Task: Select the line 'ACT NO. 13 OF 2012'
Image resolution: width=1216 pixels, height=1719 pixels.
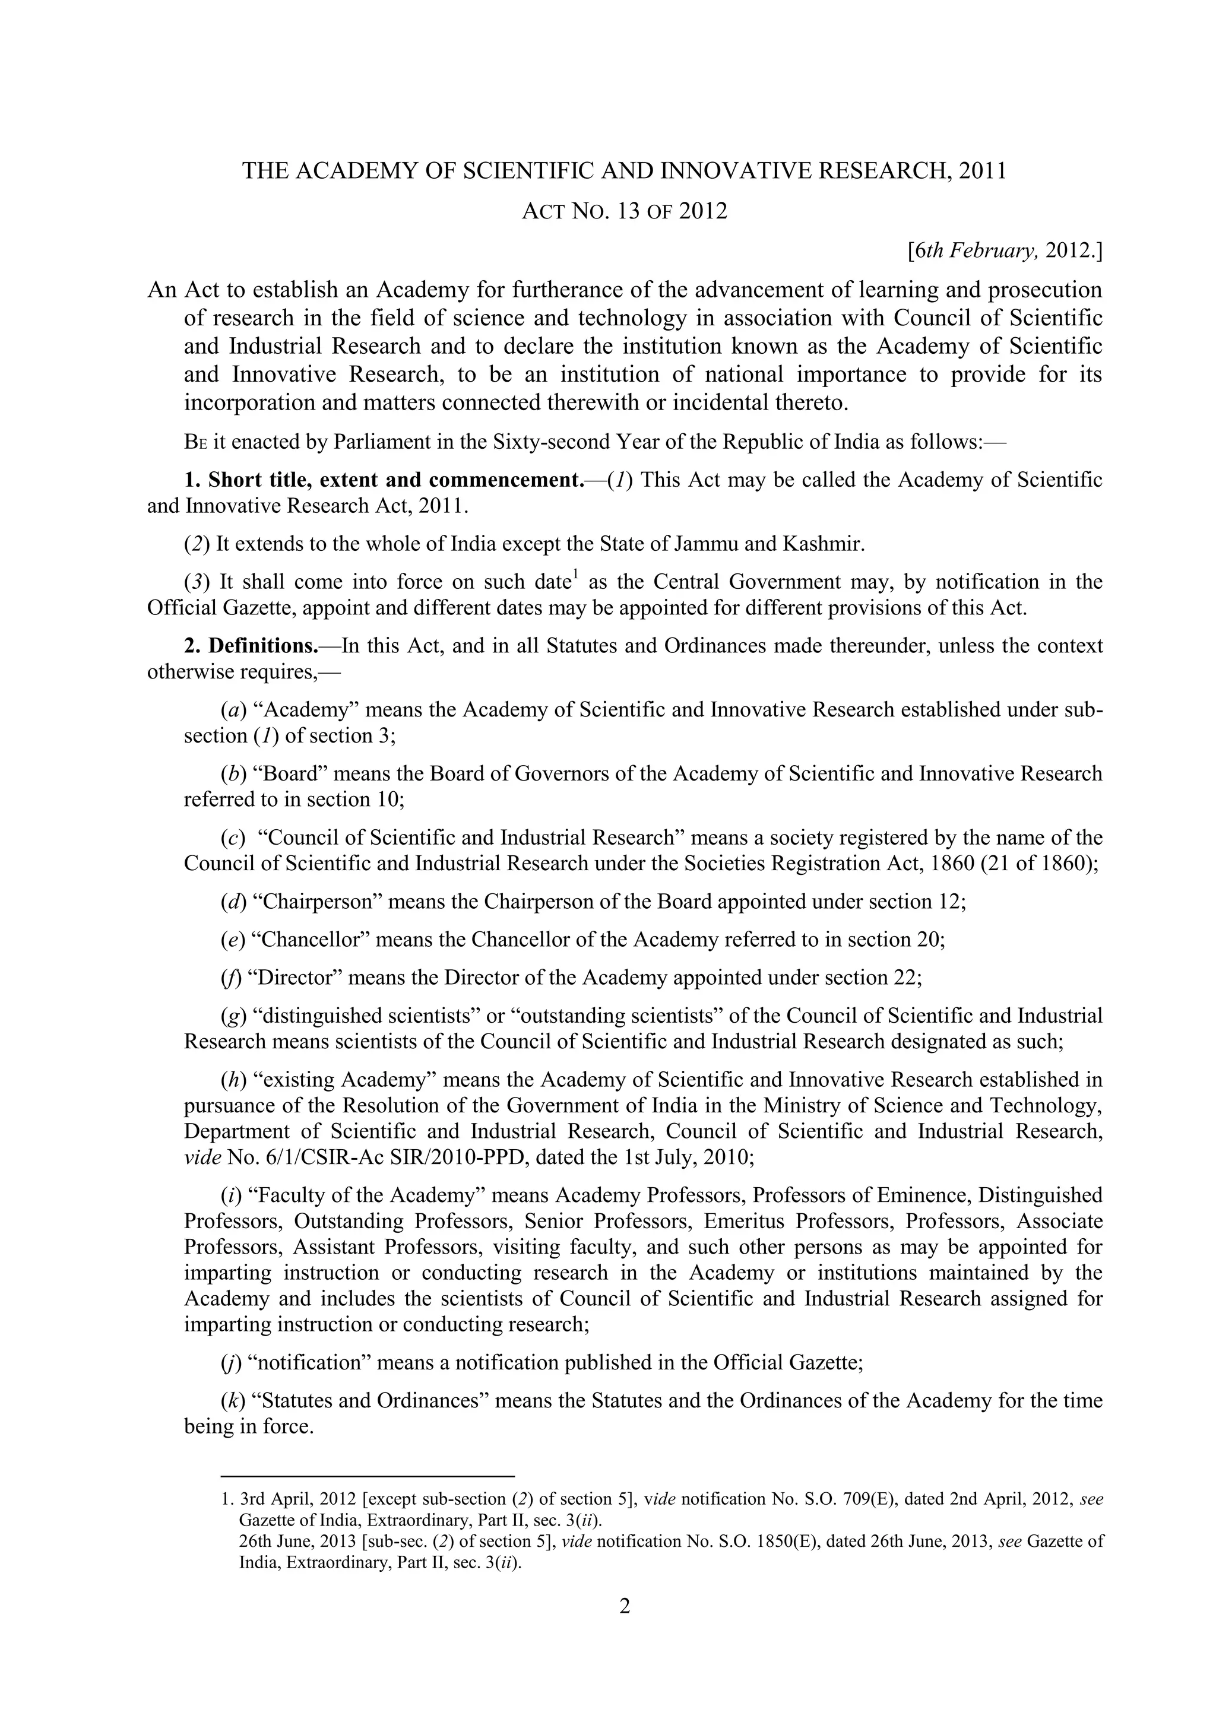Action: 623,211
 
